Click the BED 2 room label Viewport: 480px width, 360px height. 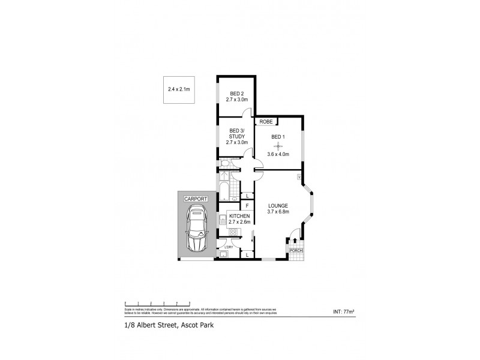[237, 93]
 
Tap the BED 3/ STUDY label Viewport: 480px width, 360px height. [237, 133]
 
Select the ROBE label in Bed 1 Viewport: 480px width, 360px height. [267, 122]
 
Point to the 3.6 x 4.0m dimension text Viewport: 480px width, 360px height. [278, 154]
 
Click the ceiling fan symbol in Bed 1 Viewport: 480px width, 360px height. [278, 145]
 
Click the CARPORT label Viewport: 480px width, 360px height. [195, 199]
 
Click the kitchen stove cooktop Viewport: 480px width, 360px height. [234, 232]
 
